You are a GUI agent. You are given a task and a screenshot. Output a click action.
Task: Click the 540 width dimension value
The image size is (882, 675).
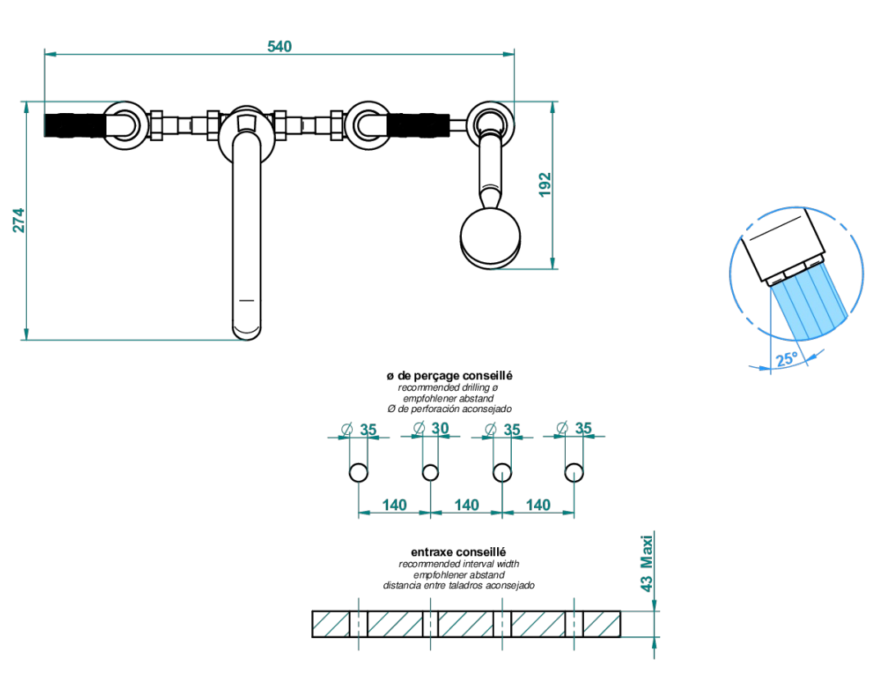(x=279, y=46)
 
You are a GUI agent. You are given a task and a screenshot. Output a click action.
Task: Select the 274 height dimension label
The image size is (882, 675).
(x=19, y=220)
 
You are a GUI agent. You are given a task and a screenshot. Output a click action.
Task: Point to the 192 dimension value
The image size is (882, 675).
(x=545, y=184)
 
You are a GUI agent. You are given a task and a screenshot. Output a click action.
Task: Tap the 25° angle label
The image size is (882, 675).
(x=786, y=359)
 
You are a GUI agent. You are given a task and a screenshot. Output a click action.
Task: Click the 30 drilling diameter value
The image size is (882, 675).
(x=440, y=428)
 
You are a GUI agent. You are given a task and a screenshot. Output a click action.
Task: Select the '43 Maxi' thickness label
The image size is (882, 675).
(x=647, y=563)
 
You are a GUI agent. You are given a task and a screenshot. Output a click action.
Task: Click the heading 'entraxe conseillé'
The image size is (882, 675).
(x=458, y=552)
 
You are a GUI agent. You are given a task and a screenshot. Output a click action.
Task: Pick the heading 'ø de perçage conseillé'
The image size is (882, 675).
(x=450, y=376)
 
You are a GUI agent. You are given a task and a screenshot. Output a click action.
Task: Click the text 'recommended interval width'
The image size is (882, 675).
(x=459, y=564)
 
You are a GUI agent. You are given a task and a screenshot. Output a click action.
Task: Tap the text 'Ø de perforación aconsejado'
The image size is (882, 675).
(x=450, y=409)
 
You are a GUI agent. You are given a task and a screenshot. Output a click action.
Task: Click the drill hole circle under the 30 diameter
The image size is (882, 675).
(x=430, y=473)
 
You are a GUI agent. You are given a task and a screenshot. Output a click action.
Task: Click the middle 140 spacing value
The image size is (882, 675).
(x=466, y=505)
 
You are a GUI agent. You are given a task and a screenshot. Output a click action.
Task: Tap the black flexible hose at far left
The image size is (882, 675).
(x=75, y=125)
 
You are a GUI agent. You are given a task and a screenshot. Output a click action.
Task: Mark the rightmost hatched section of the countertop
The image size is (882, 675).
(x=602, y=624)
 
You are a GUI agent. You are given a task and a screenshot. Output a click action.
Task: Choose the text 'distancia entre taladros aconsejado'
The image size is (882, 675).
(x=459, y=586)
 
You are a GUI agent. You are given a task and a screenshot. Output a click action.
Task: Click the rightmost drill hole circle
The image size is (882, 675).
(x=574, y=473)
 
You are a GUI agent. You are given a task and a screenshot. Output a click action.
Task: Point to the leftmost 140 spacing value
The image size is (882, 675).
(x=394, y=505)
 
